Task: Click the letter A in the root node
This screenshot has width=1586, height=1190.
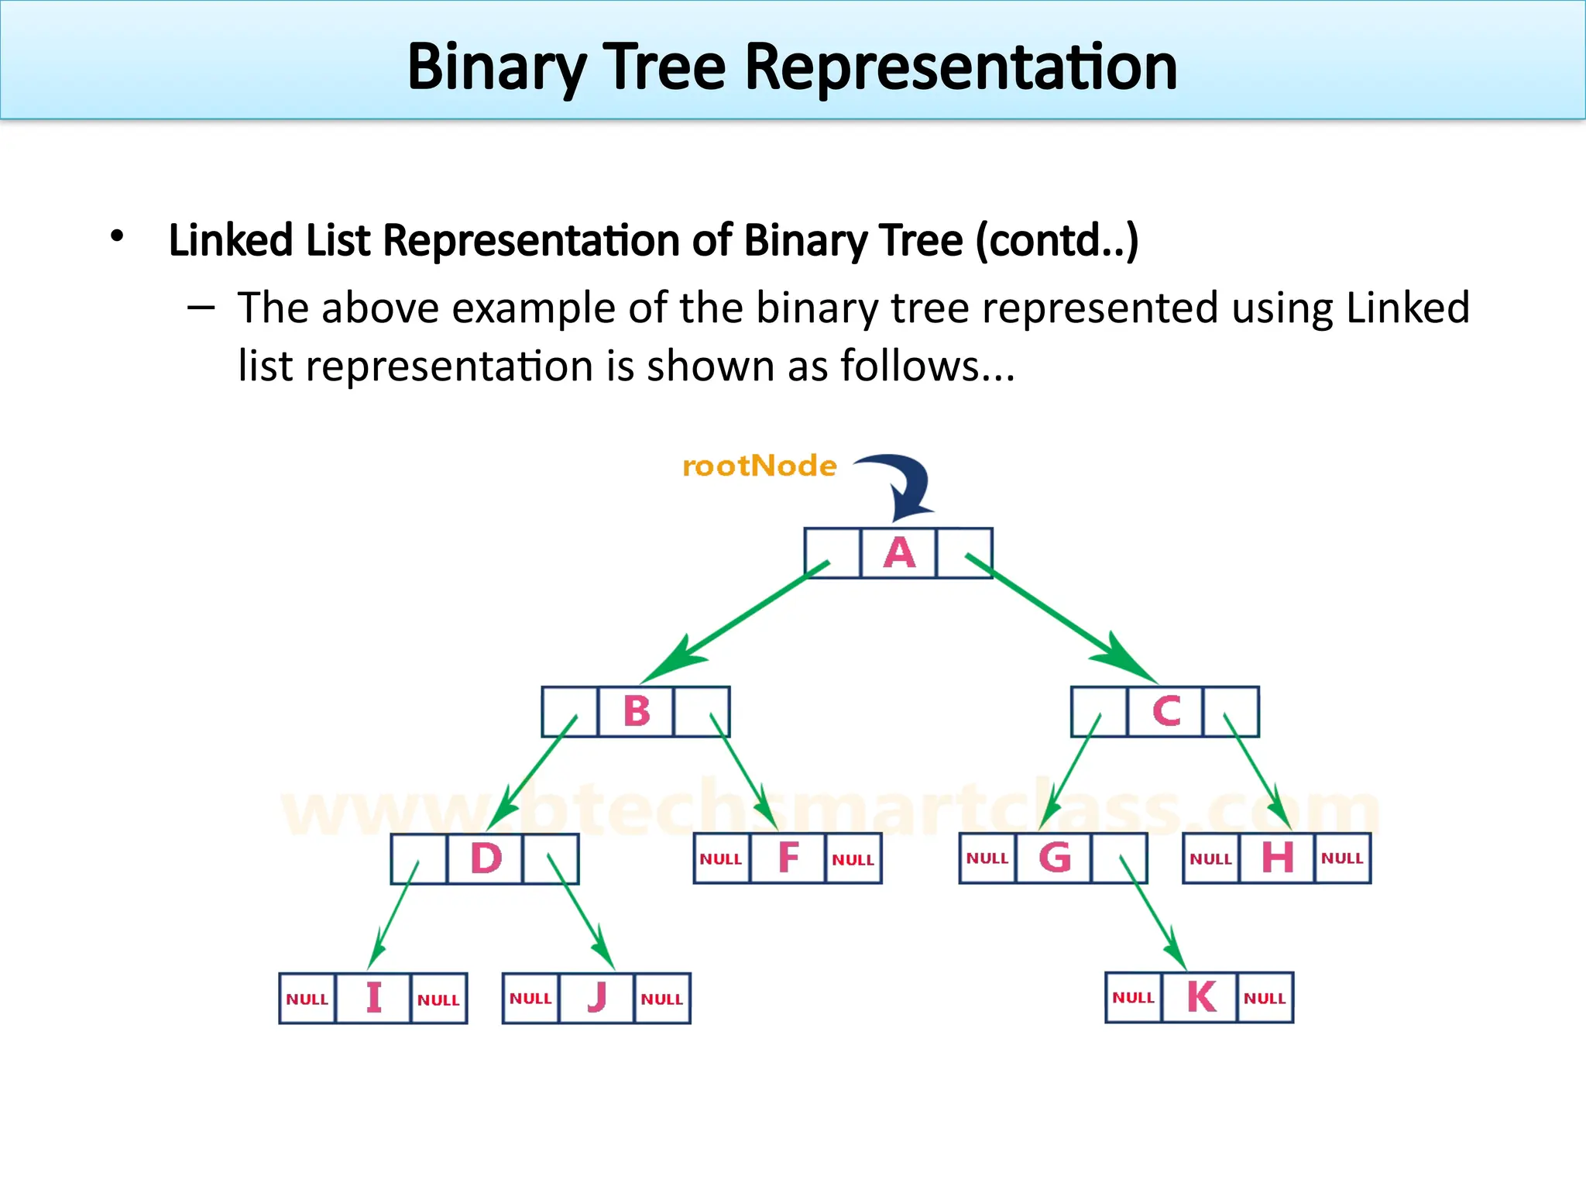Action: (899, 553)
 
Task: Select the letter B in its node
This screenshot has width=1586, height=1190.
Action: (637, 711)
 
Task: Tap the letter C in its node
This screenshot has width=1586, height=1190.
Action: (1166, 711)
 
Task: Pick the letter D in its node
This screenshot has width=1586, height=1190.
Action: (486, 858)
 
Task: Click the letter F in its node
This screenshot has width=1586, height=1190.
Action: (788, 858)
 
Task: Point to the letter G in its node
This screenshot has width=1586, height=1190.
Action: (1054, 858)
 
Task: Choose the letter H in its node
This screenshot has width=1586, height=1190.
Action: (1277, 858)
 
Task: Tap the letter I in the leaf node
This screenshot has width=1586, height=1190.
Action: (374, 998)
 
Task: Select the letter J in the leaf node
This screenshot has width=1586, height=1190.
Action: (596, 998)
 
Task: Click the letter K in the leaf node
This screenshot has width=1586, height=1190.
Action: (1200, 997)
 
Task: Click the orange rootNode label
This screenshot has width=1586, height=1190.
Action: (759, 466)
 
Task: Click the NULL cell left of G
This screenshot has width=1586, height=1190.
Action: (987, 858)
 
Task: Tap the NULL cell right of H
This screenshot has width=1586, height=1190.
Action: (1342, 858)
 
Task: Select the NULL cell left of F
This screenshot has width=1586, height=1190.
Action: (721, 859)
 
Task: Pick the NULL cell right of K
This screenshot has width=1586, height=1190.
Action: (1265, 998)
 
